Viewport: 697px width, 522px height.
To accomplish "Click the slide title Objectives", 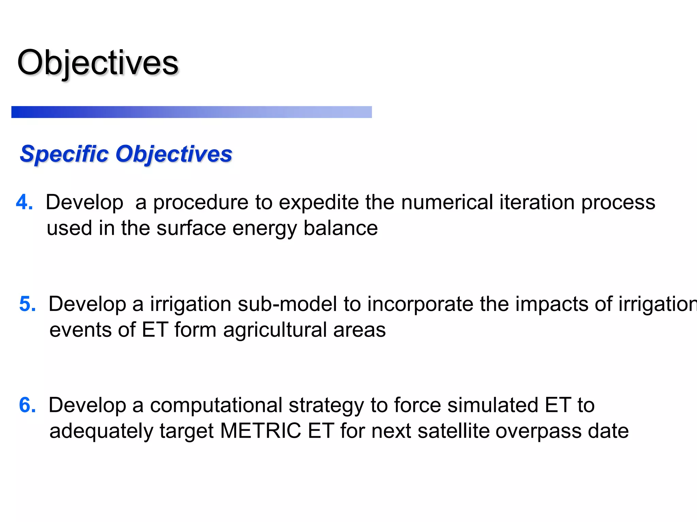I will (98, 63).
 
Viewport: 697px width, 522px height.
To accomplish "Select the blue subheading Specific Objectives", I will (126, 154).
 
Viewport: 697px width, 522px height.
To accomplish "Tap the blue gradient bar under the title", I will (191, 112).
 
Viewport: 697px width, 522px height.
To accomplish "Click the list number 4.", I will (24, 202).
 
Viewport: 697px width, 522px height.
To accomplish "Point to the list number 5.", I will (27, 304).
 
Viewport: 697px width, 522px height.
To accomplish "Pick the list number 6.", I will (27, 405).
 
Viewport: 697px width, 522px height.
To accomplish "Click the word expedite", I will (319, 203).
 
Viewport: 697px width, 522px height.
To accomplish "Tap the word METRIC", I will (260, 431).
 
